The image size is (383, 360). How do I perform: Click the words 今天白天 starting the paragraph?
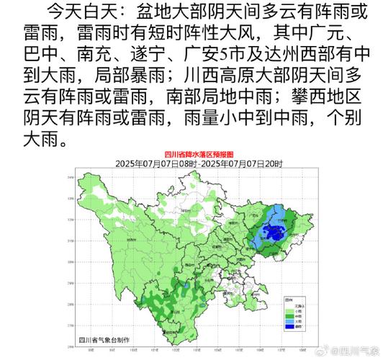tap(75, 12)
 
